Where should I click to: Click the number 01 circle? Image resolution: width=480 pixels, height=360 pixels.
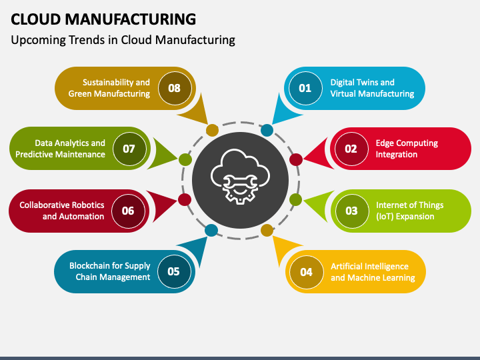click(305, 88)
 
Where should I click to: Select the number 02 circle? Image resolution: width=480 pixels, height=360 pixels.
click(351, 149)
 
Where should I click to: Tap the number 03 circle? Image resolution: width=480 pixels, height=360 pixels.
click(351, 211)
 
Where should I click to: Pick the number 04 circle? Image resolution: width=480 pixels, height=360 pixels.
click(306, 271)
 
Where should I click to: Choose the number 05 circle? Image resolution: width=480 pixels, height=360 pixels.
click(173, 271)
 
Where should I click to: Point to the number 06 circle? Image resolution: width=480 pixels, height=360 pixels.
click(128, 211)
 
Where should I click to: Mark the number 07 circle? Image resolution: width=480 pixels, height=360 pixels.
click(129, 149)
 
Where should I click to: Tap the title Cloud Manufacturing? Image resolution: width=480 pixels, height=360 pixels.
click(103, 18)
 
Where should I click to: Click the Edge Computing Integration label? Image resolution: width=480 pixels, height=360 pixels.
click(407, 149)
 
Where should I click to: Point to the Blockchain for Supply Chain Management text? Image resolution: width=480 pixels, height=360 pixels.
click(110, 271)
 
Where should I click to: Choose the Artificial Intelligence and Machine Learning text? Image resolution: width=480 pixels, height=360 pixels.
click(373, 271)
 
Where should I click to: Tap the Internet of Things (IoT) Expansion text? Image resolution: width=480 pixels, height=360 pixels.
click(405, 211)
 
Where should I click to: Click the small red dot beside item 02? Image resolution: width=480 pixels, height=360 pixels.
click(296, 159)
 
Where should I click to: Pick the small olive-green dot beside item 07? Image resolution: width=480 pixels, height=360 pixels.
click(184, 159)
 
